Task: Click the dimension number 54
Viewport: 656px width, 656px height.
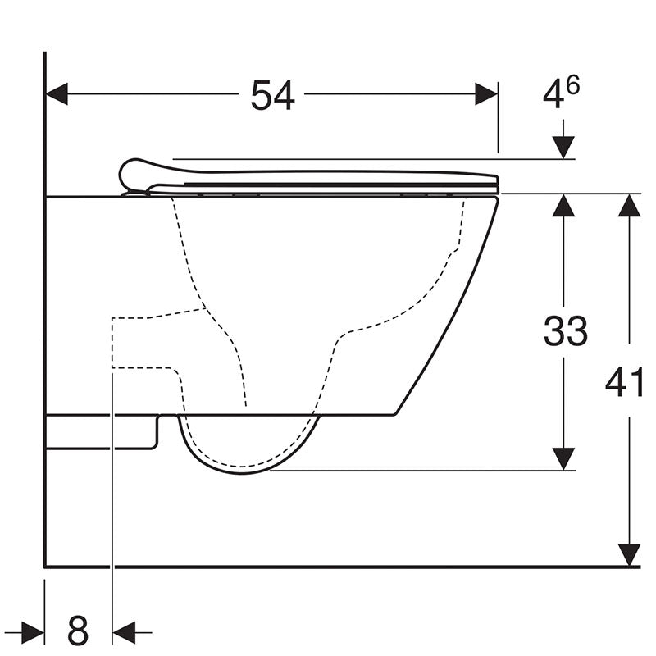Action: (272, 96)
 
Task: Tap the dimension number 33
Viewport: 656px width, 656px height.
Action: (566, 331)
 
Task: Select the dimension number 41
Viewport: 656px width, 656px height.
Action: (626, 382)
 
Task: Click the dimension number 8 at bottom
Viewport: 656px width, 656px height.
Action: (78, 631)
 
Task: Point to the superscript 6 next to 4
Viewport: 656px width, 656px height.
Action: (573, 85)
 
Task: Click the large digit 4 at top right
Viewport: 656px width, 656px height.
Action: (553, 97)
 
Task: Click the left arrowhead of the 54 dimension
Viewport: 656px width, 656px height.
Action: (57, 94)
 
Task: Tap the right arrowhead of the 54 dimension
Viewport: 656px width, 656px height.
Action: (487, 94)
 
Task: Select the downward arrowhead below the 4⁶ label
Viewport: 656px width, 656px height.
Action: (563, 148)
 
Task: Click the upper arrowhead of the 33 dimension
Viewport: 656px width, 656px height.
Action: (563, 205)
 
